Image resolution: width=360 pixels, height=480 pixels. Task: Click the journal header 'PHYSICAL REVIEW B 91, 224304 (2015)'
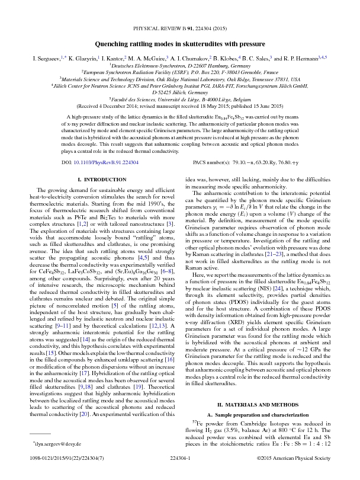pyautogui.click(x=180, y=28)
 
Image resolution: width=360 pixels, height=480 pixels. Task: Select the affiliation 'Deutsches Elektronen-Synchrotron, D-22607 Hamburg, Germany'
pyautogui.click(x=180, y=68)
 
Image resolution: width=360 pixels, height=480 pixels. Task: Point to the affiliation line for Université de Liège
pyautogui.click(x=180, y=101)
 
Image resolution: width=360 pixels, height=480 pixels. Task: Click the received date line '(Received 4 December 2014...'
pyautogui.click(x=180, y=108)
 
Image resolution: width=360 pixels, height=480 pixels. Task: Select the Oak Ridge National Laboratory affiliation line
pyautogui.click(x=180, y=79)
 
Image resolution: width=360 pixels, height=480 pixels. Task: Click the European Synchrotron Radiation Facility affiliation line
pyautogui.click(x=180, y=73)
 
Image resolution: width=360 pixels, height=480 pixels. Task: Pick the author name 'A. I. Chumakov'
pyautogui.click(x=189, y=60)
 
